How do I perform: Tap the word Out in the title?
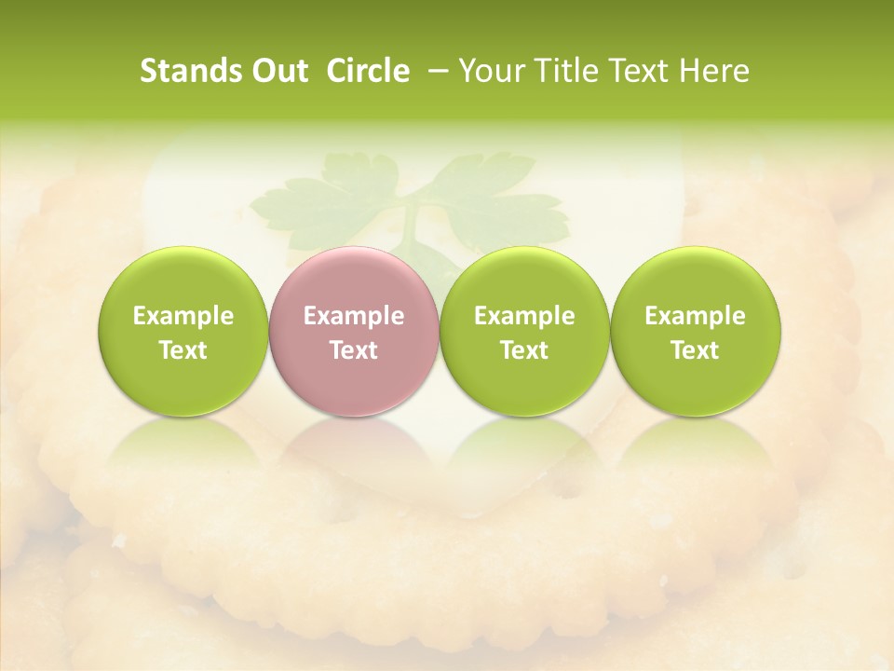pos(278,71)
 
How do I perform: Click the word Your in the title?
pos(489,71)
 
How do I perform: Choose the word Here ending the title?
pos(712,71)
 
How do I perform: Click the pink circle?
pos(354,332)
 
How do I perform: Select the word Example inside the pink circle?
pos(354,316)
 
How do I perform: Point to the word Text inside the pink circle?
pos(354,350)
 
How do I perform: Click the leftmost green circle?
pos(183,332)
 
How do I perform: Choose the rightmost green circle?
pos(695,332)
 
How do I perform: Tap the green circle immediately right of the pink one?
pos(524,332)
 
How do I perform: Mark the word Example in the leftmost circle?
pos(183,316)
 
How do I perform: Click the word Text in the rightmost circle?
pos(695,350)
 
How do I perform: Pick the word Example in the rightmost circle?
pos(695,316)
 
